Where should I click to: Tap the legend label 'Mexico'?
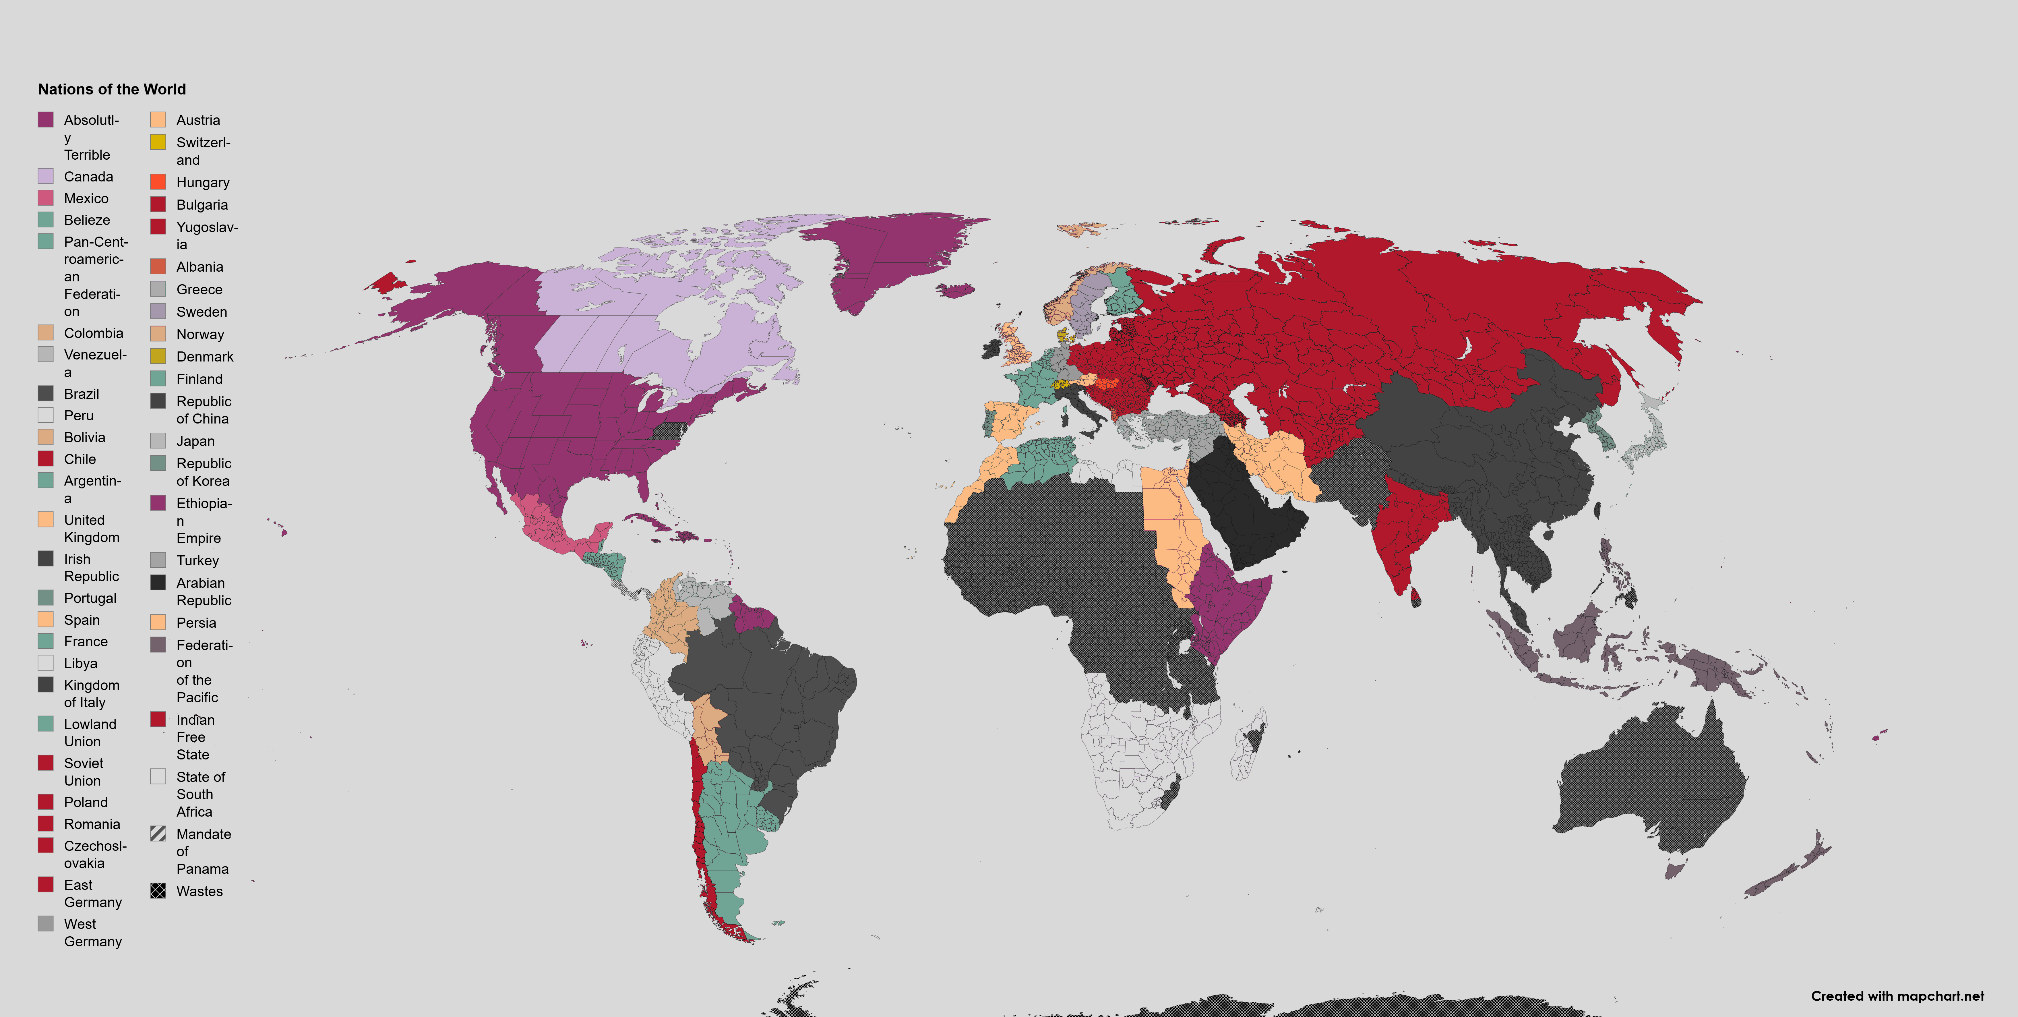pyautogui.click(x=86, y=198)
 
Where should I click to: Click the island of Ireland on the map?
pyautogui.click(x=991, y=349)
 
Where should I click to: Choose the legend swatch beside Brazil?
pyautogui.click(x=45, y=393)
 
